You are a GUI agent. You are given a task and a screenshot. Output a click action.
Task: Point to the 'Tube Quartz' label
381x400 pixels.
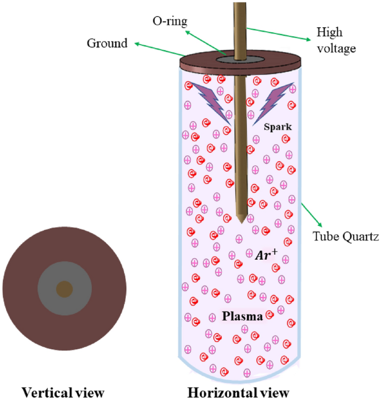(x=345, y=238)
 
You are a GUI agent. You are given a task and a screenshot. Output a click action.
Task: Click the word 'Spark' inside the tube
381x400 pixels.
(x=279, y=127)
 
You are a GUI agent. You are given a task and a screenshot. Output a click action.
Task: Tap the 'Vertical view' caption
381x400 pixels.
(x=63, y=393)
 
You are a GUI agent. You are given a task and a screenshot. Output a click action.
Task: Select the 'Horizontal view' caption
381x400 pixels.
(x=238, y=393)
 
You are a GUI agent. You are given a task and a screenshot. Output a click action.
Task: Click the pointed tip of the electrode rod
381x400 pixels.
(x=240, y=221)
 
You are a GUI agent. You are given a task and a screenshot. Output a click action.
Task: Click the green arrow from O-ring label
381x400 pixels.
(x=206, y=42)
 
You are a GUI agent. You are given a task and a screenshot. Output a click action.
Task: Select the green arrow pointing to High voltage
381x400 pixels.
(x=278, y=33)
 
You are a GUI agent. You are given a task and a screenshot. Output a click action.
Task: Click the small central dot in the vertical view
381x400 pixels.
(x=65, y=289)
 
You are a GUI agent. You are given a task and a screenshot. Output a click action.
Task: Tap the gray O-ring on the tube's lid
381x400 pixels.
(x=225, y=60)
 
